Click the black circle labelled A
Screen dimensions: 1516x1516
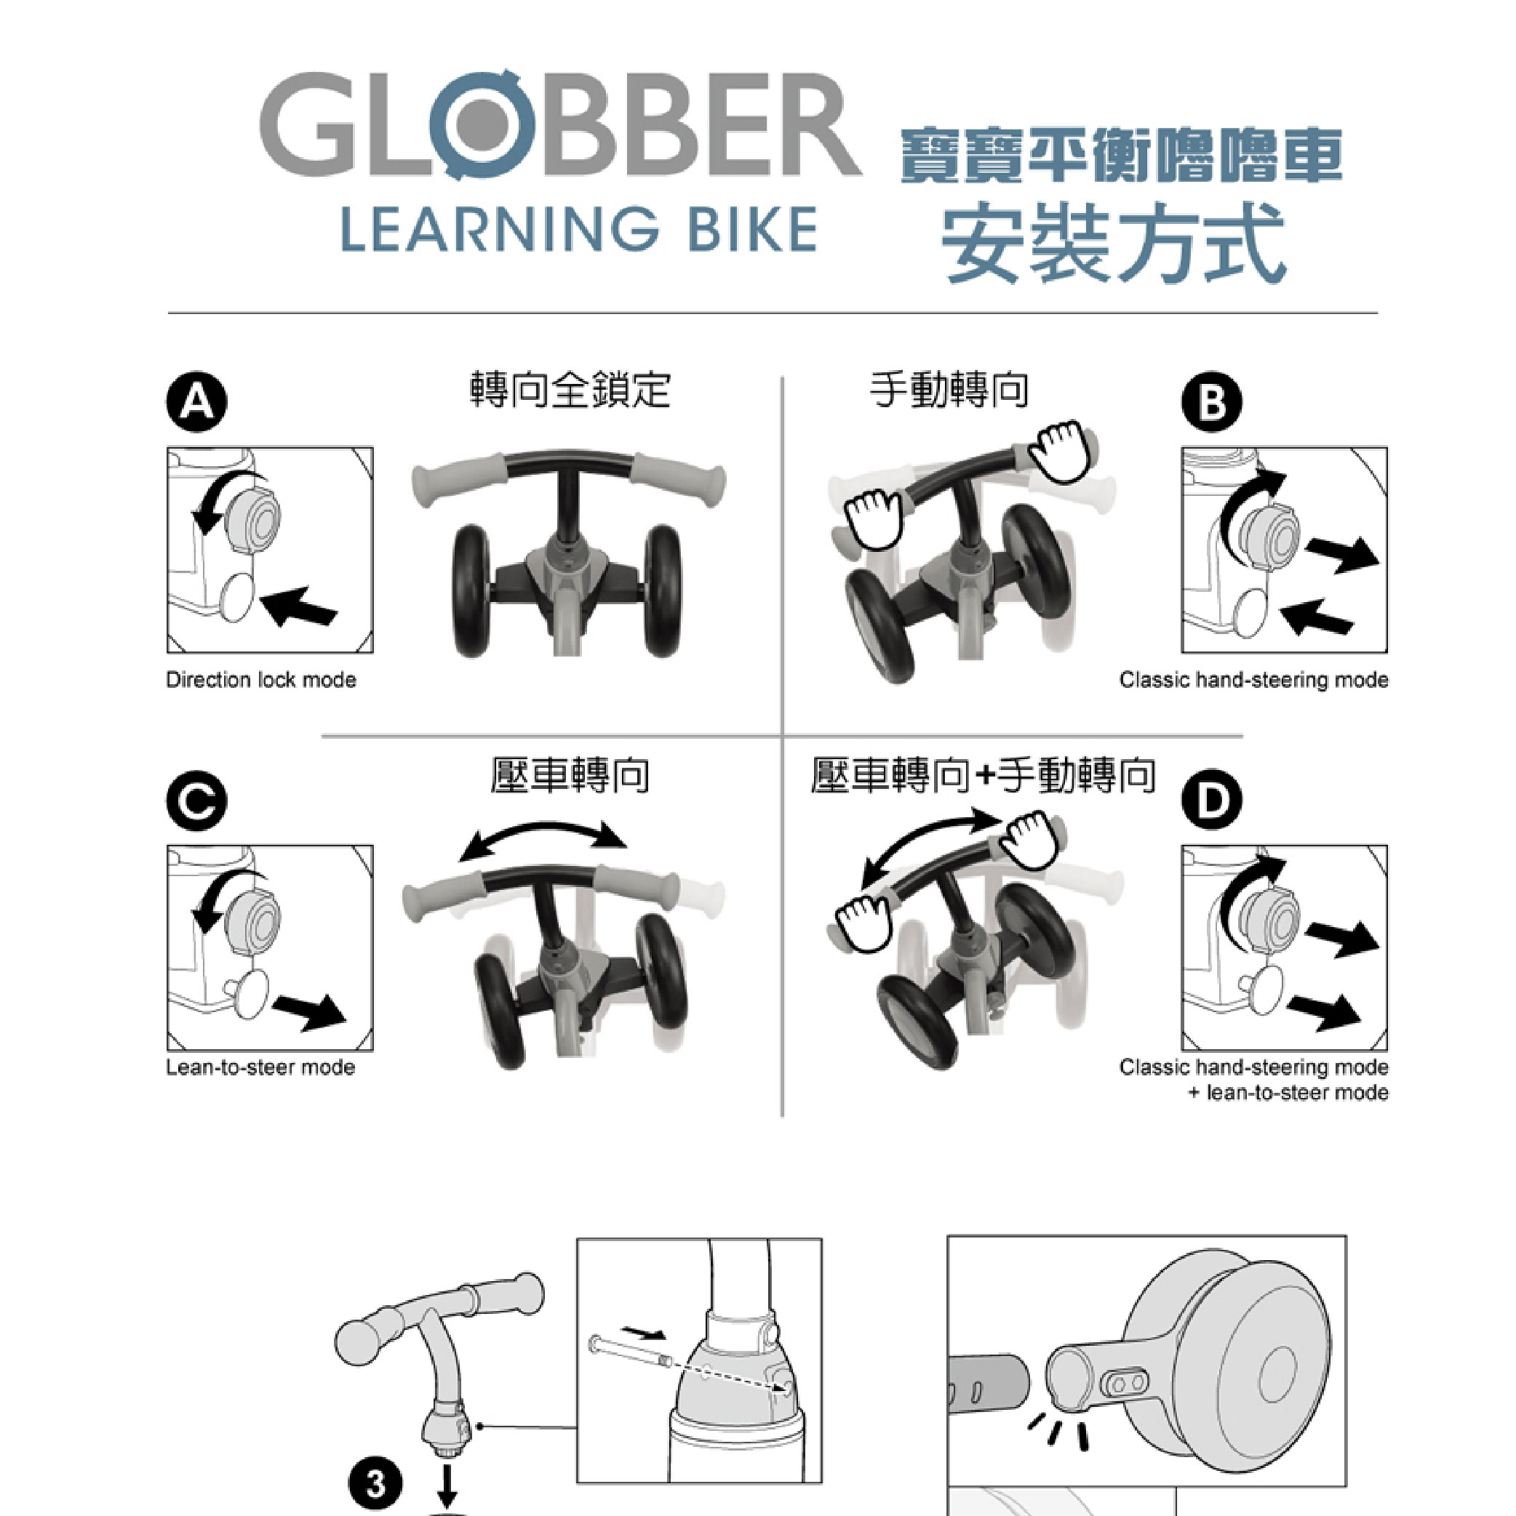click(196, 404)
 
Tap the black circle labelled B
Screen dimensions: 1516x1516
click(1212, 403)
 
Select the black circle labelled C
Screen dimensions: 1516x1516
click(196, 801)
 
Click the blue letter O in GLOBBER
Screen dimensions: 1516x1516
click(483, 124)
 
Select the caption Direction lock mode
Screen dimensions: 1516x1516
click(260, 680)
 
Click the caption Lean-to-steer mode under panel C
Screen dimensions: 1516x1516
click(260, 1067)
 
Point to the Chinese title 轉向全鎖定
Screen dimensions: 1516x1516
click(570, 390)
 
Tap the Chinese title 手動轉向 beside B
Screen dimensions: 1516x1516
click(949, 390)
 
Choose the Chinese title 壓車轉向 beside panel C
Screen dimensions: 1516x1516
click(570, 775)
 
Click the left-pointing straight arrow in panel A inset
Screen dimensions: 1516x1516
click(299, 606)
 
